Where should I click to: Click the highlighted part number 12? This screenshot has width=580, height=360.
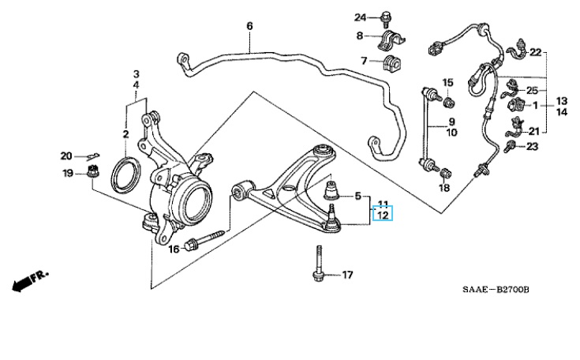(382, 215)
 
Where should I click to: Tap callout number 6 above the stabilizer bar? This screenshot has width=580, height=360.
(249, 26)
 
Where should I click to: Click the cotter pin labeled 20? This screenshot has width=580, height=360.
(93, 155)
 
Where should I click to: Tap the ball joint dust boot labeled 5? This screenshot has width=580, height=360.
(331, 193)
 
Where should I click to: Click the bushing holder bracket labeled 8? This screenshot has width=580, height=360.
(390, 37)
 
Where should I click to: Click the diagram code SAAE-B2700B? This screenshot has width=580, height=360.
(495, 290)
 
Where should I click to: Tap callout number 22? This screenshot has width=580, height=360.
(536, 53)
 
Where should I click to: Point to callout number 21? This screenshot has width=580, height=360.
(534, 131)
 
